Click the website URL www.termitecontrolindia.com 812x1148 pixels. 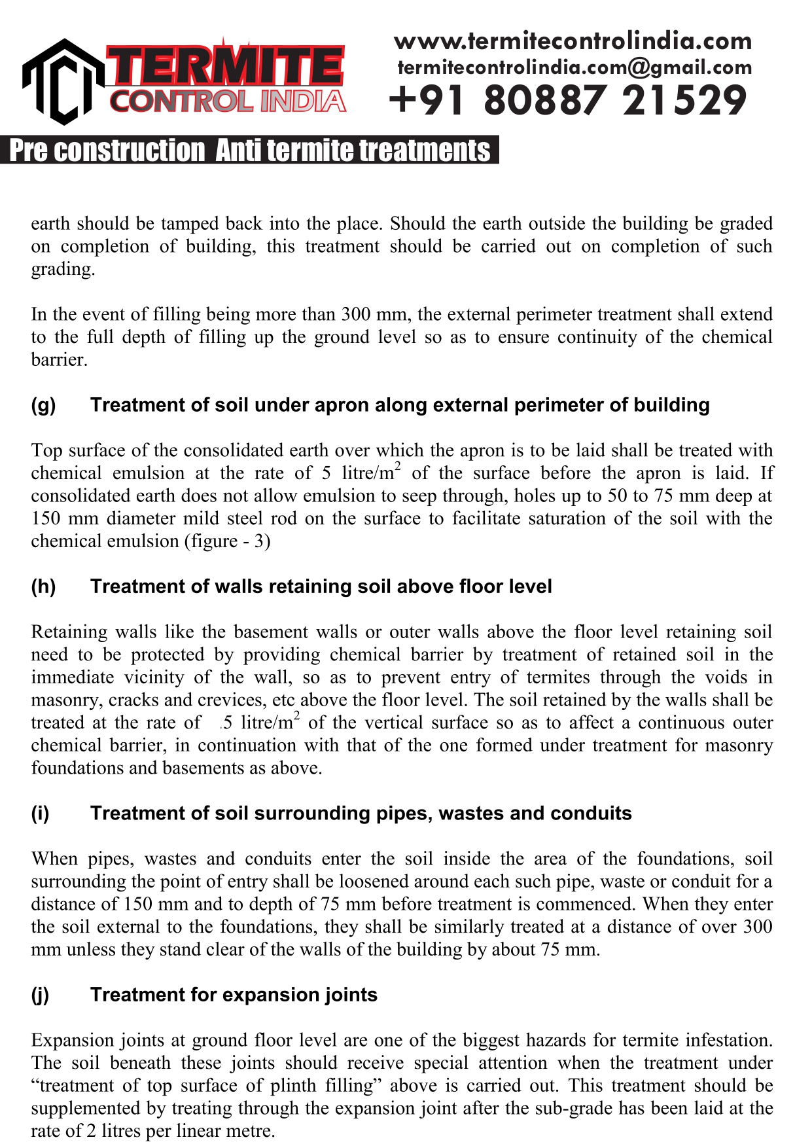pyautogui.click(x=573, y=41)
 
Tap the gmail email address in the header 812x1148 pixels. pyautogui.click(x=574, y=67)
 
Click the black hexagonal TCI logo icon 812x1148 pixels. pyautogui.click(x=63, y=82)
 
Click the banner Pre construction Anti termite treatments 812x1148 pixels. pyautogui.click(x=249, y=151)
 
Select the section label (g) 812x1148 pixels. pyautogui.click(x=43, y=405)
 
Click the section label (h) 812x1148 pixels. pyautogui.click(x=43, y=586)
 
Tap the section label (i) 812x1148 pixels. pyautogui.click(x=40, y=814)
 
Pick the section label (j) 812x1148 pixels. pyautogui.click(x=40, y=995)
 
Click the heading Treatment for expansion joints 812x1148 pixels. pyautogui.click(x=234, y=995)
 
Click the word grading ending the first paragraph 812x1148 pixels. pyautogui.click(x=63, y=269)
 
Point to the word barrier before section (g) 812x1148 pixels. pyautogui.click(x=59, y=360)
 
